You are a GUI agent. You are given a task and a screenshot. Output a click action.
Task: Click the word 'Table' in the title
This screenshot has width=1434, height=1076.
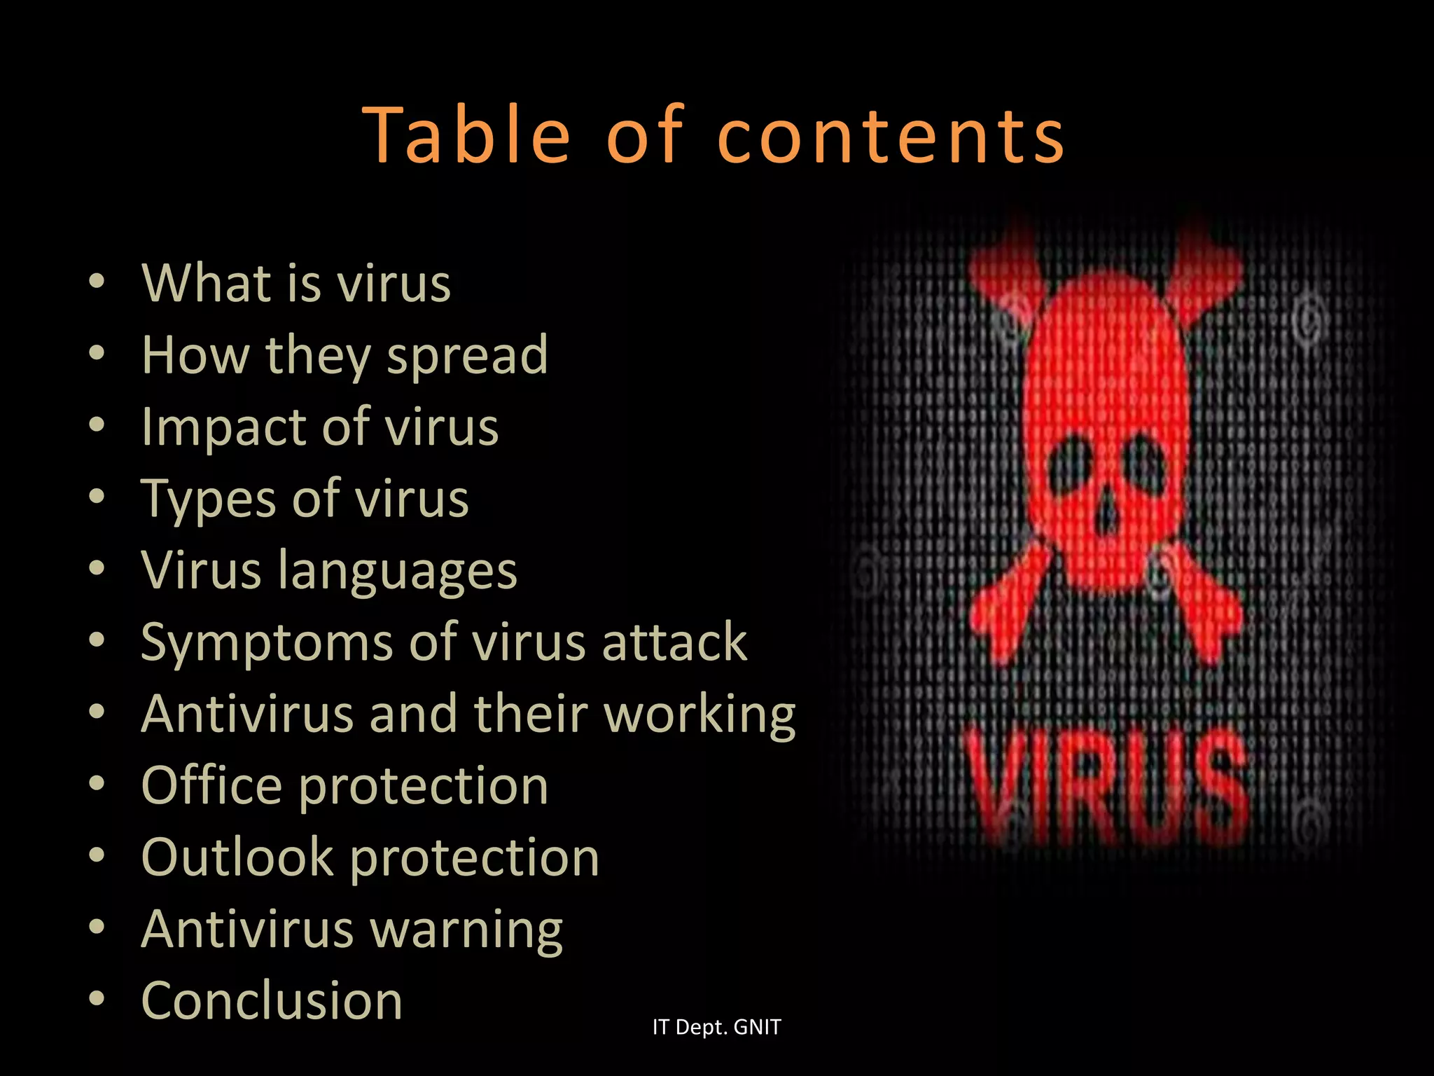tap(467, 134)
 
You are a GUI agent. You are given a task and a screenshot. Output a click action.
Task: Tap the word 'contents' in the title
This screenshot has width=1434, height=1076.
tap(891, 136)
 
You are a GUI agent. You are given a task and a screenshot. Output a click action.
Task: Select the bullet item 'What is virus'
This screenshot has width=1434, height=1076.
tap(296, 283)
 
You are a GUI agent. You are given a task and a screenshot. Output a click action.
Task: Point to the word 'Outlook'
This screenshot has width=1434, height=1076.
tap(237, 857)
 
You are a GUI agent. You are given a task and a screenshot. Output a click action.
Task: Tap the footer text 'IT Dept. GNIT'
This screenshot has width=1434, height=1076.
tap(716, 1027)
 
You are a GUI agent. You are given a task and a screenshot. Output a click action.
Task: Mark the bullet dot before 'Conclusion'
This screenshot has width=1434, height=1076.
tap(97, 998)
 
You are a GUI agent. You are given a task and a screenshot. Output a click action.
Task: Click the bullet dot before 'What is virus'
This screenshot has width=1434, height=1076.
tap(97, 282)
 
